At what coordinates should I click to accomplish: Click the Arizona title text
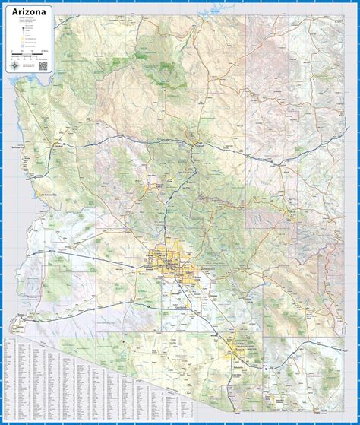click(30, 12)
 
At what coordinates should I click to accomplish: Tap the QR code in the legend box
click(44, 65)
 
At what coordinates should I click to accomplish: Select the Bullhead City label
click(21, 147)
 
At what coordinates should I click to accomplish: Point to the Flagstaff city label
click(198, 142)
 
